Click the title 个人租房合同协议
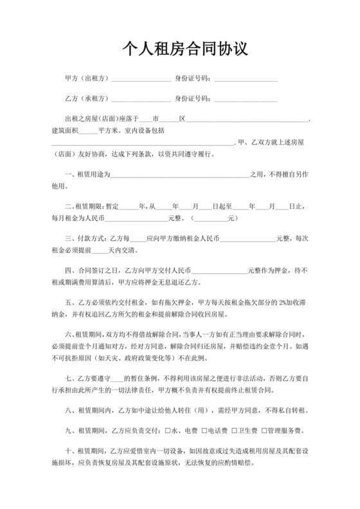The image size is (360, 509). tap(180, 49)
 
